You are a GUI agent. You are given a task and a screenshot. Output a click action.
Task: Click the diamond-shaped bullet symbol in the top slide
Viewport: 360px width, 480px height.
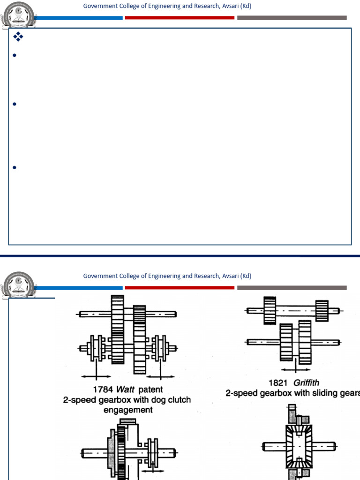click(x=18, y=37)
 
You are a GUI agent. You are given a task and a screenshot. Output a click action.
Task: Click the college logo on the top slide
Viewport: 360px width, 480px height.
click(x=17, y=15)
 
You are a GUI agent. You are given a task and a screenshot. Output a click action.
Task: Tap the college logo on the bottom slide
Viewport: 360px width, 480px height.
click(x=17, y=284)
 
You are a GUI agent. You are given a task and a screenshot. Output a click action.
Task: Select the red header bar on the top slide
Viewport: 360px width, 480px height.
click(x=180, y=18)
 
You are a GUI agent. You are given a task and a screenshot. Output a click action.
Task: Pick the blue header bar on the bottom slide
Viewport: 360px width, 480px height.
click(x=78, y=288)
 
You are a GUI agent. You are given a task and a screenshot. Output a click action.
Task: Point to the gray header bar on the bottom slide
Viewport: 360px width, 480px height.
click(x=292, y=288)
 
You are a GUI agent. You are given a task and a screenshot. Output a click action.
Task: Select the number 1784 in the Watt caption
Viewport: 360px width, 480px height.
click(x=103, y=390)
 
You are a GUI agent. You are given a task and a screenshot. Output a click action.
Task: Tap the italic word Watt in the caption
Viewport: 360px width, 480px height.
click(x=125, y=390)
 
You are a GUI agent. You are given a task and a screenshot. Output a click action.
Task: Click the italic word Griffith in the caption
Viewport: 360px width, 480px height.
click(x=307, y=383)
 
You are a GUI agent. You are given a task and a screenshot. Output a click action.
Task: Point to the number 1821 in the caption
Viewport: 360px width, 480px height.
click(x=278, y=383)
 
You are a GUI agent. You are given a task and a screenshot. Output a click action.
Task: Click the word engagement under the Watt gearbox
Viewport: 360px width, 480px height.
click(x=128, y=410)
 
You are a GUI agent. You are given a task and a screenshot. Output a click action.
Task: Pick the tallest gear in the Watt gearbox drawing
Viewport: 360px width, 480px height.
click(x=117, y=329)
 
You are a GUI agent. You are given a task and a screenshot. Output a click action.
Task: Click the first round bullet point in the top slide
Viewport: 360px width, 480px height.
click(x=15, y=55)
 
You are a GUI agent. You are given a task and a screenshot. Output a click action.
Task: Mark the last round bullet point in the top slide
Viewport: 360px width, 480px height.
click(x=15, y=167)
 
